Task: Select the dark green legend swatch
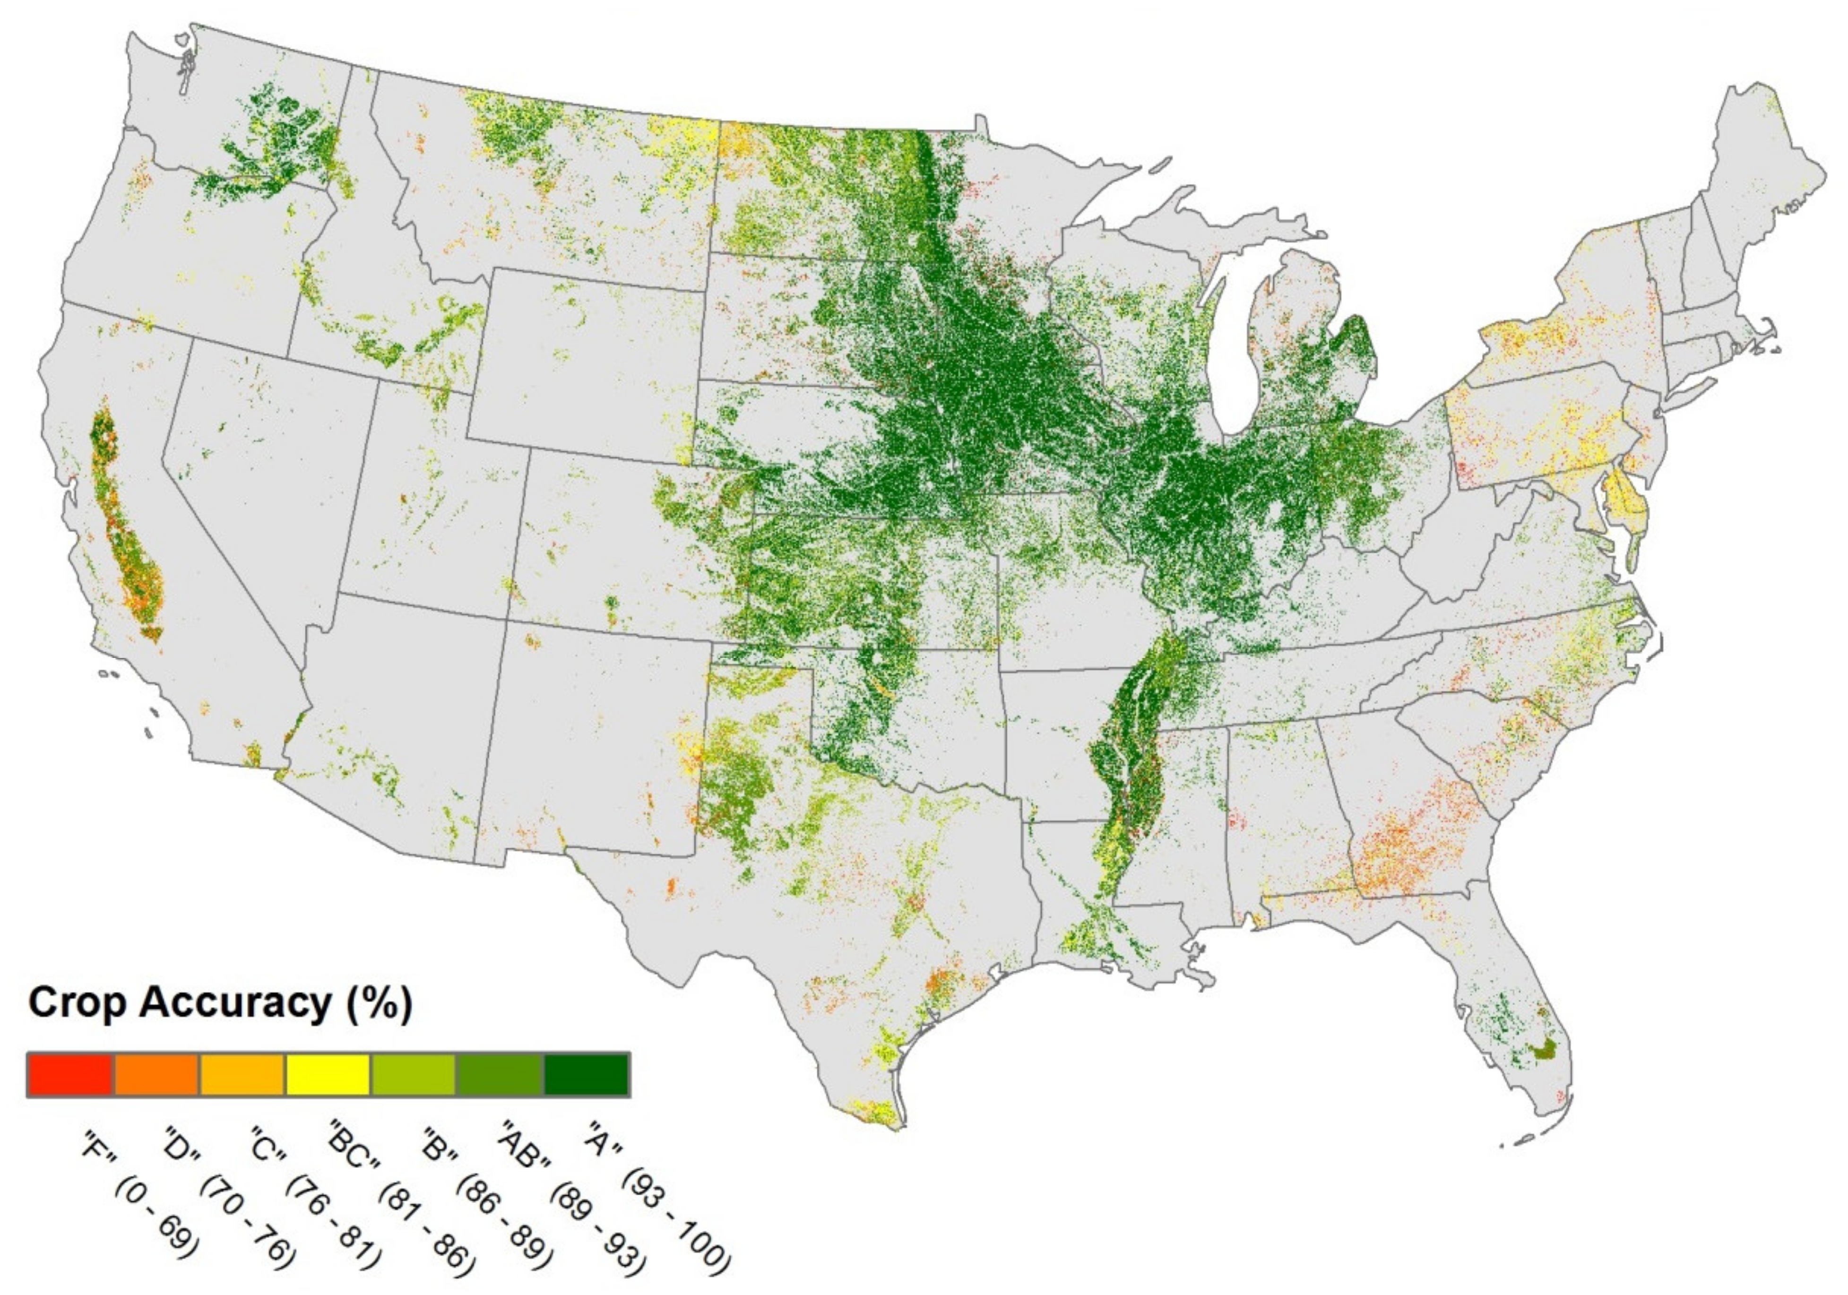pos(587,1074)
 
